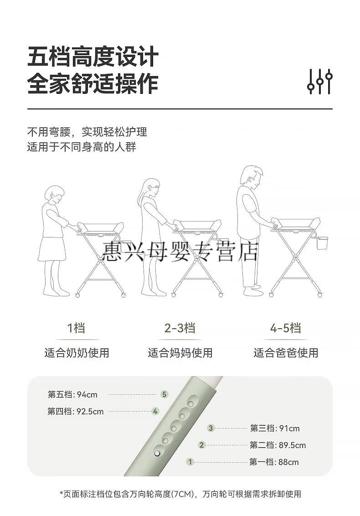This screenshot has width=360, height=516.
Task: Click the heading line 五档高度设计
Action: pos(93,57)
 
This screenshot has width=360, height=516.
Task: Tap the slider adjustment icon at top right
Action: pos(319,81)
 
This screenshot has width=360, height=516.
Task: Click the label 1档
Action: pos(77,328)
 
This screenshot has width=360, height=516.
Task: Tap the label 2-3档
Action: pos(180,328)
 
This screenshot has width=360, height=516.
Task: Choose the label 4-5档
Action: pos(285,328)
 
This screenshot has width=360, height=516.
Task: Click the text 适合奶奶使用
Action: pos(77,353)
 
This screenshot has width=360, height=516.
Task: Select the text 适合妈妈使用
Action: pos(180,353)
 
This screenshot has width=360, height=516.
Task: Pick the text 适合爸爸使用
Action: pos(286,353)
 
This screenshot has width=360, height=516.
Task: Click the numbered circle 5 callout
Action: pos(165,394)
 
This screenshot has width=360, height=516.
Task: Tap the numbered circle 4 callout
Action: pos(155,411)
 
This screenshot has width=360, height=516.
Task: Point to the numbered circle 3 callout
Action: pos(211,428)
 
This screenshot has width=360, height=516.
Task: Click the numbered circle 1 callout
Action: pos(190,462)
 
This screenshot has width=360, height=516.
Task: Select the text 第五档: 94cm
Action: pos(72,395)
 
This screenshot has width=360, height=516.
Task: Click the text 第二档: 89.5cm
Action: pos(278,445)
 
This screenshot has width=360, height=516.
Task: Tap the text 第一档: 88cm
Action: pos(274,462)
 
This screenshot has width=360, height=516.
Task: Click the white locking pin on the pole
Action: pos(157,454)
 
